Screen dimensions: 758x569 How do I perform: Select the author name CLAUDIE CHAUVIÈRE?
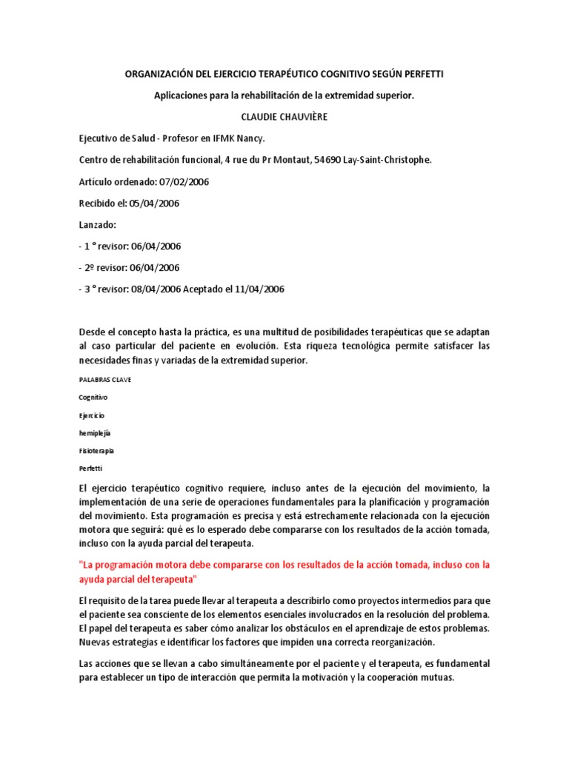point(284,117)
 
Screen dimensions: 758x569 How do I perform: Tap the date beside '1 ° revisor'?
point(155,246)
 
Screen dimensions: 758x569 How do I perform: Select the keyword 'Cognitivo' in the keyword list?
point(93,397)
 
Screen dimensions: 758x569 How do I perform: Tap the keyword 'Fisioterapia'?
point(96,450)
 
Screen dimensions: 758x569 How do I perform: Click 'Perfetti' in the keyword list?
point(91,468)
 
